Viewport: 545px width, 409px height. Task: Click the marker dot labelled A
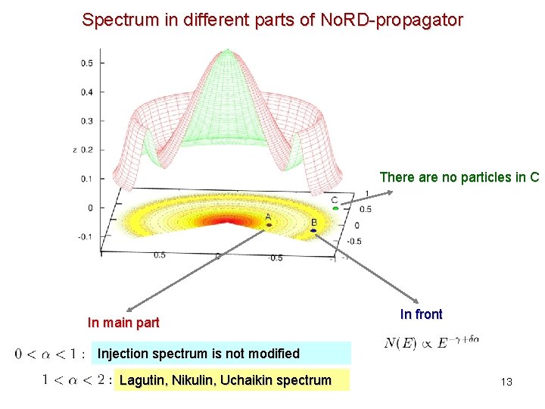click(269, 224)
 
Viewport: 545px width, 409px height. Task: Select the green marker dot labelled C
click(335, 208)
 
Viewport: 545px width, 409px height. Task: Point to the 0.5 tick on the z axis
click(87, 63)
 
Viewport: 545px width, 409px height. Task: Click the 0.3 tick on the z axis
click(87, 120)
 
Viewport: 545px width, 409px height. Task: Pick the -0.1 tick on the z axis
click(86, 236)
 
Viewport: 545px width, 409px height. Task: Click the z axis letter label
click(74, 150)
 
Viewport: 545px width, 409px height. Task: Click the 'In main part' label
click(123, 323)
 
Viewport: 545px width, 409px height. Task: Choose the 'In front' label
click(421, 314)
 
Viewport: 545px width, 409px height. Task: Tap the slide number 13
click(506, 382)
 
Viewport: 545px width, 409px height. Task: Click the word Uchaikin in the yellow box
click(251, 379)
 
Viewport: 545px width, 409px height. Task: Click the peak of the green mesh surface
click(225, 52)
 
